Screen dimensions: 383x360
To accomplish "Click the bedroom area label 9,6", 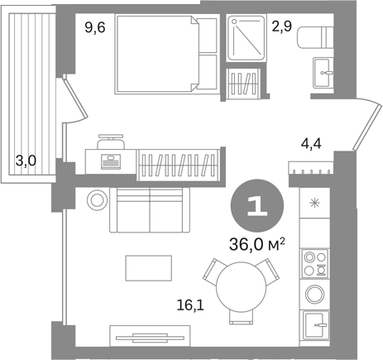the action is point(95,27).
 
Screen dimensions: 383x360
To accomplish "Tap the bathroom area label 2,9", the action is point(282,26).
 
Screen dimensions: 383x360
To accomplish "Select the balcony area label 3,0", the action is point(26,161).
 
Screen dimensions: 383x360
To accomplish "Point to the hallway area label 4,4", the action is point(311,143).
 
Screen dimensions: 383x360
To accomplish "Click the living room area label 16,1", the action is point(190,305).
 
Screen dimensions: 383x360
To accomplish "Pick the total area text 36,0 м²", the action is point(257,244).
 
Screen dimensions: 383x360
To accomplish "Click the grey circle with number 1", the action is point(257,205).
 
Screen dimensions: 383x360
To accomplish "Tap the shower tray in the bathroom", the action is point(247,38).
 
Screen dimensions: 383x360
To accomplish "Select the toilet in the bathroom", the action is point(315,36).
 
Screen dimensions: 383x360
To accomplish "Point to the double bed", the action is point(167,55).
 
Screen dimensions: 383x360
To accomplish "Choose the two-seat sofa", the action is point(150,210).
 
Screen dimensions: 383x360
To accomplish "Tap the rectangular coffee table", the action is point(149,268).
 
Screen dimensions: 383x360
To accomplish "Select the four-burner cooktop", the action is point(315,263).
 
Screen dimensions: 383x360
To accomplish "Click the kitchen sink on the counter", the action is point(316,325).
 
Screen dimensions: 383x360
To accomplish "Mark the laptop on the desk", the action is point(111,161).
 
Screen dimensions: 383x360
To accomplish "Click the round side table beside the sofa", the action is point(97,200).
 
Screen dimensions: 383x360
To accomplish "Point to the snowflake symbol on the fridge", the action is point(314,204).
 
